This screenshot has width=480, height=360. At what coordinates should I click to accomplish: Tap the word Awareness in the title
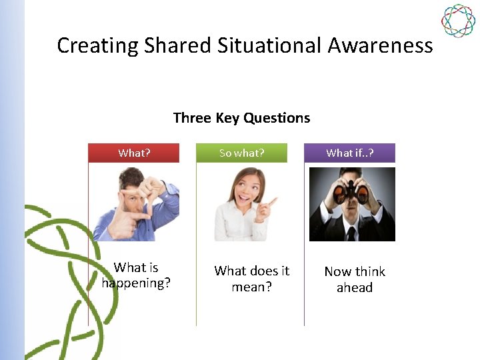point(381,45)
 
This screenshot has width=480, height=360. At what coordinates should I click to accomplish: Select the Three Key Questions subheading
point(241,118)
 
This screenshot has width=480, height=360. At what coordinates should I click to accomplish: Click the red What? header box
point(134,153)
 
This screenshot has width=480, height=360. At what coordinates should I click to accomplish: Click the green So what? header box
point(242,153)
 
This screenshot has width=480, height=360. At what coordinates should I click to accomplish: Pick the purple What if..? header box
point(350,153)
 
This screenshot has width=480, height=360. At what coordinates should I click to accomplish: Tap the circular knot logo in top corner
point(458,21)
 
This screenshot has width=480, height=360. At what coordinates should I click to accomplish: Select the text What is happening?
point(136,275)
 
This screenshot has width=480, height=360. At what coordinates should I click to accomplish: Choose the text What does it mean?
point(252,279)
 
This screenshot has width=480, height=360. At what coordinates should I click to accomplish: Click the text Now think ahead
point(355,279)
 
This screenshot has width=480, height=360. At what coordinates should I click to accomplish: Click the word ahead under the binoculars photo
point(355,288)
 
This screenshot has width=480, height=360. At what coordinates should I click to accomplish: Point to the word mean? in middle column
point(252,287)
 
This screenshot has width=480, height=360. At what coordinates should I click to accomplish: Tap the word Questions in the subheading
point(277,118)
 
